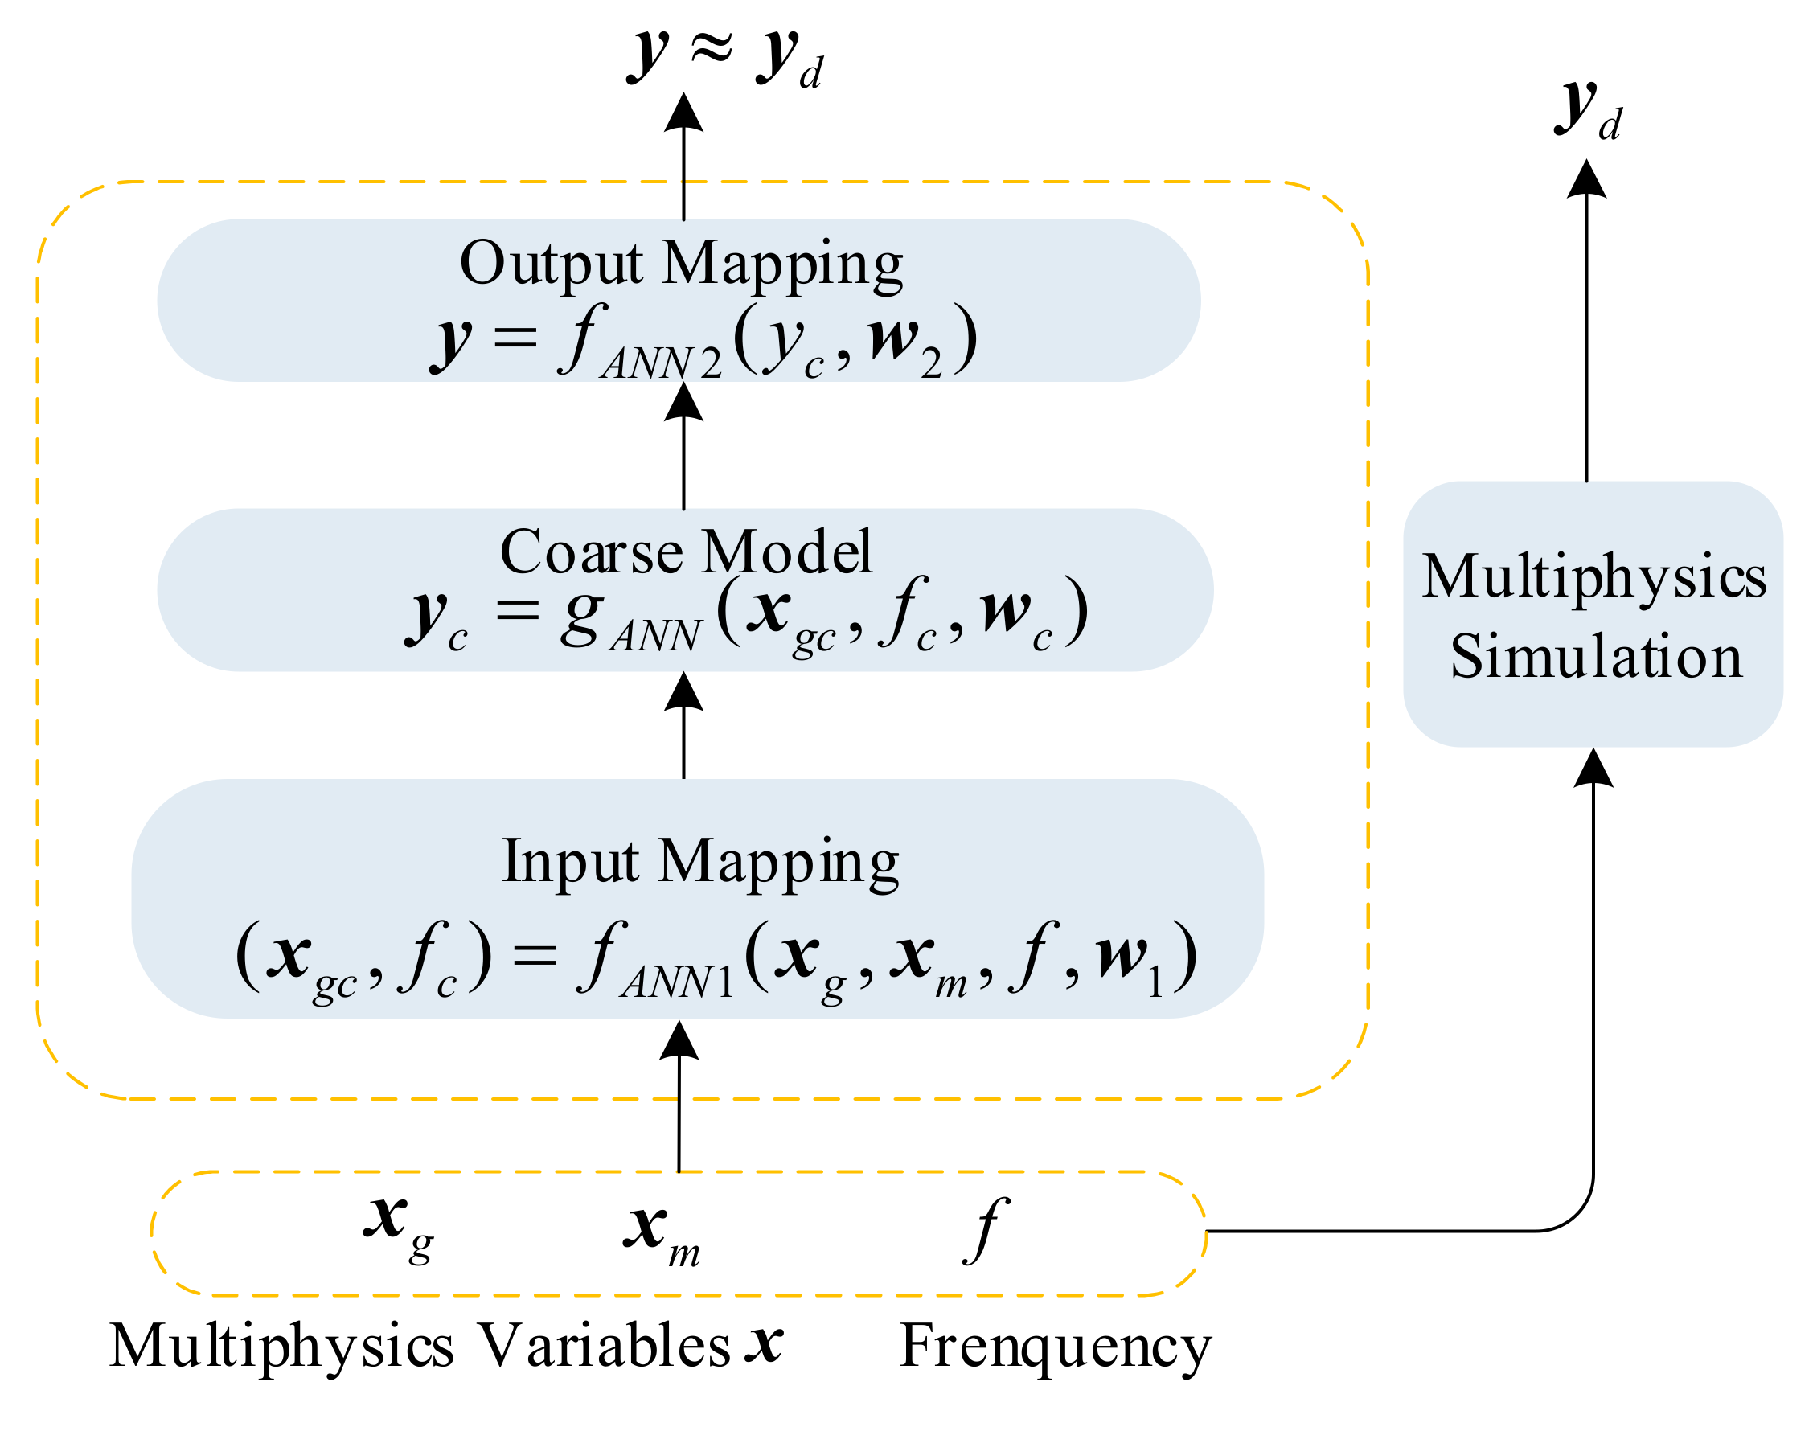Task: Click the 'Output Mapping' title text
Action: point(680,263)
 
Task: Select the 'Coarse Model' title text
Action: point(685,552)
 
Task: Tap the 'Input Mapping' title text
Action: point(699,861)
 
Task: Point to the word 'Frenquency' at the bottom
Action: point(1054,1347)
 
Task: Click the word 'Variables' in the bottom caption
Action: point(603,1346)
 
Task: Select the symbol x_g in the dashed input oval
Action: point(397,1226)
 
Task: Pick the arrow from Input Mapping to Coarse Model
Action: point(683,728)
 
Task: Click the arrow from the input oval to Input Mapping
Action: point(679,1097)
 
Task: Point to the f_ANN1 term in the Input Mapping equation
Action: point(654,962)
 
